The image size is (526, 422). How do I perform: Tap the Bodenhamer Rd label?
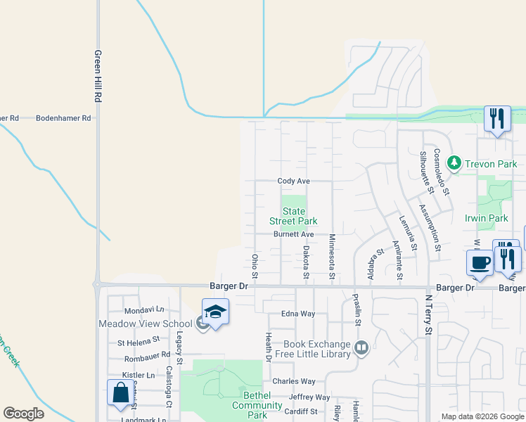(64, 118)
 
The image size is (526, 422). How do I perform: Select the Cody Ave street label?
(293, 181)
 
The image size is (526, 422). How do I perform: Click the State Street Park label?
(294, 216)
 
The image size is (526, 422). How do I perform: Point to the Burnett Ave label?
(293, 234)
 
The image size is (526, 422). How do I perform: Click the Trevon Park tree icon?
(454, 163)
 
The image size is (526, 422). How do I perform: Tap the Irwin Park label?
(487, 219)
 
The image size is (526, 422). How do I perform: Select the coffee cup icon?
(480, 263)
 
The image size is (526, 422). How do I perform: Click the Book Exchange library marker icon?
(361, 347)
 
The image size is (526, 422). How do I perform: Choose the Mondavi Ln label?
(143, 310)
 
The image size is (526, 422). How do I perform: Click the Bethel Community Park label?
(257, 405)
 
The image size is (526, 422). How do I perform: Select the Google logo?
(23, 413)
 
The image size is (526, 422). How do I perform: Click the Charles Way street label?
(294, 382)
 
